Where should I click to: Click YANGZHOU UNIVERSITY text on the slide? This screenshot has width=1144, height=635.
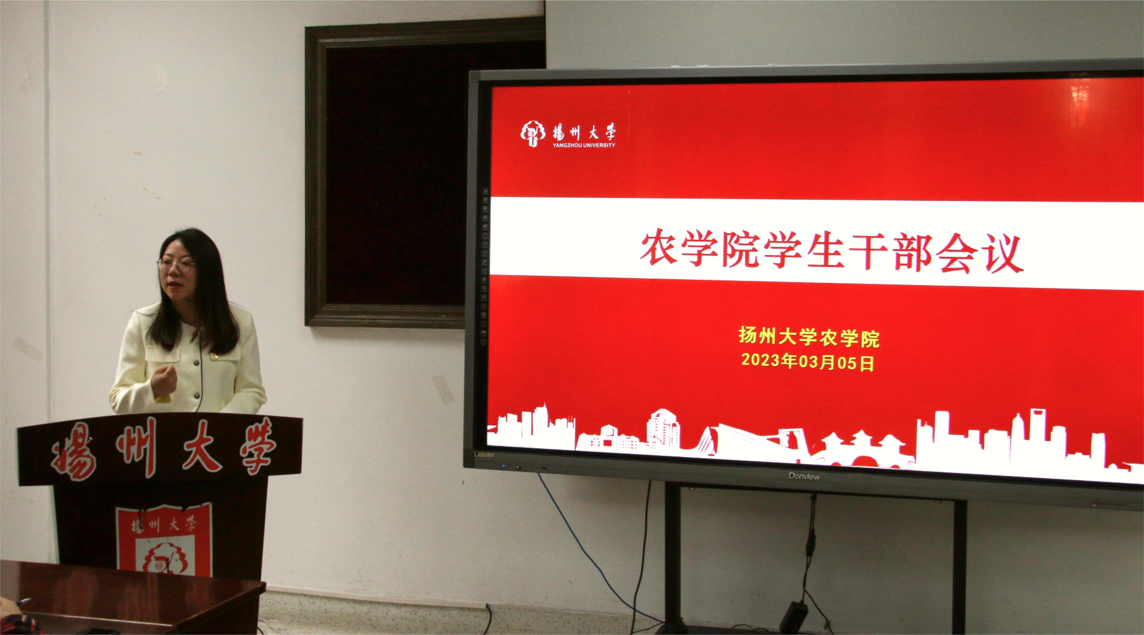pos(584,145)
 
